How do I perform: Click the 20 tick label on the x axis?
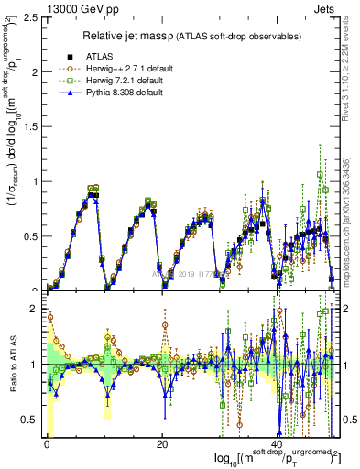pyautogui.click(x=161, y=444)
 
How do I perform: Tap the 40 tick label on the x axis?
pyautogui.click(x=277, y=444)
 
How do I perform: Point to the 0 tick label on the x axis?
pyautogui.click(x=46, y=444)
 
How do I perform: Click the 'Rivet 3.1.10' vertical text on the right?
pyautogui.click(x=351, y=78)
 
